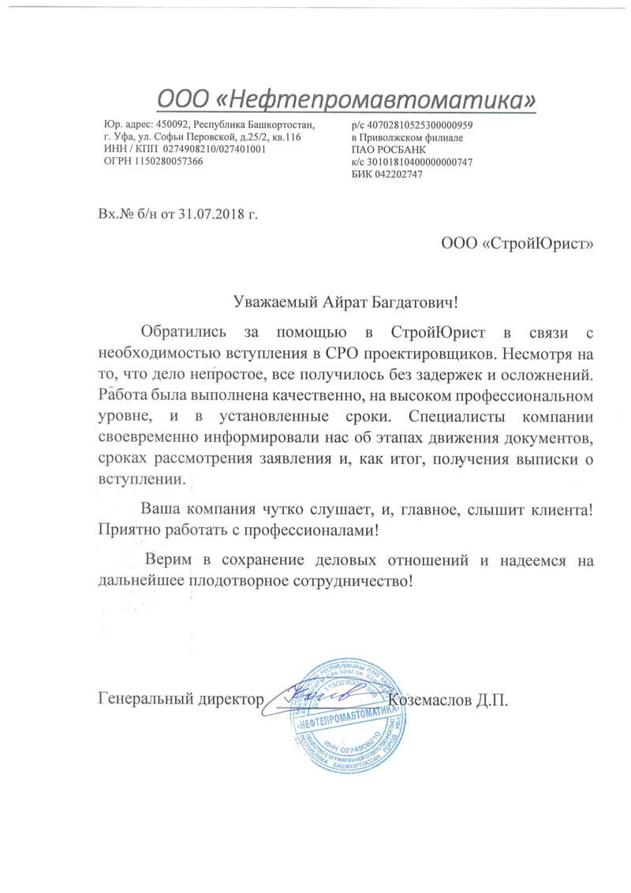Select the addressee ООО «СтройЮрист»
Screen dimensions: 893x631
(x=517, y=243)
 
